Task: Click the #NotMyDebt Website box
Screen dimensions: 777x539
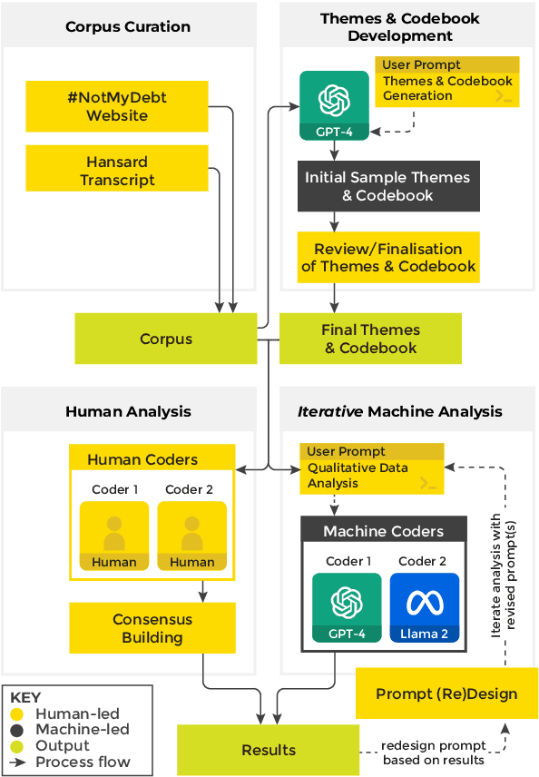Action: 116,105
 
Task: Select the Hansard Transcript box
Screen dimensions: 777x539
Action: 116,170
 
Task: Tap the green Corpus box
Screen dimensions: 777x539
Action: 166,339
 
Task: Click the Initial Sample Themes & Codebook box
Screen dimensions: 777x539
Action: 387,186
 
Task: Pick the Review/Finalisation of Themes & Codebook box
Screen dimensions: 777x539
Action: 387,257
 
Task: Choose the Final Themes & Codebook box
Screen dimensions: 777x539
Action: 370,339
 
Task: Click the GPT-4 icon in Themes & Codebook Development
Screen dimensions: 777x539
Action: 334,103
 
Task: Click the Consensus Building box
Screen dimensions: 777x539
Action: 152,628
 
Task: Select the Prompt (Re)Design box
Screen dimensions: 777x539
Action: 446,693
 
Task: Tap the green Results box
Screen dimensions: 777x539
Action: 269,750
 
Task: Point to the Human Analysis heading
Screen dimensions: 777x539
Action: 128,411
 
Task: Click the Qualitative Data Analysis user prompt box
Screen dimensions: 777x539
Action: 372,467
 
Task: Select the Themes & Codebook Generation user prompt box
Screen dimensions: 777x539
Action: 447,82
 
